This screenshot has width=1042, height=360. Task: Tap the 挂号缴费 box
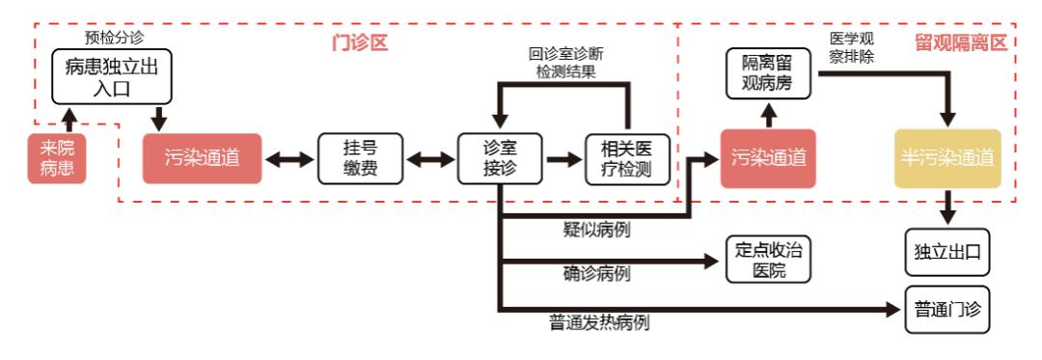360,159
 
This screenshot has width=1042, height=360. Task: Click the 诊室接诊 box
502,159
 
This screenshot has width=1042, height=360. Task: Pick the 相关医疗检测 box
626,159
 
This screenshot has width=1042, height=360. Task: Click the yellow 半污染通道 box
947,158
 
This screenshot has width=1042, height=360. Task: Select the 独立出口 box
947,253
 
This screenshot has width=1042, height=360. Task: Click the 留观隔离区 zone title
960,42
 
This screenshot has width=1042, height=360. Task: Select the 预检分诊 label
112,40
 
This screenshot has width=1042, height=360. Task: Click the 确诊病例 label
596,273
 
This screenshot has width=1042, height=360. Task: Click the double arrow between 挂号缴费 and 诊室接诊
430,159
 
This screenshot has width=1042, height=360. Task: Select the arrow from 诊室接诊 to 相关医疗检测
559,159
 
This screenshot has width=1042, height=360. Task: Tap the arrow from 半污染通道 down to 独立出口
947,206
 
